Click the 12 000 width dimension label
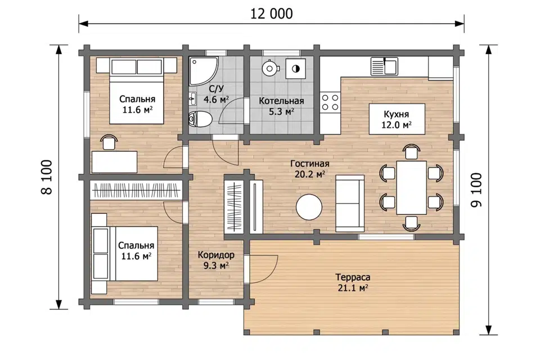[x=271, y=13]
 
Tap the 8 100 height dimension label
[x=47, y=177]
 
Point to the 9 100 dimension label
[x=476, y=190]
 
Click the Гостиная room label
[x=309, y=164]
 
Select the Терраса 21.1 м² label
[x=353, y=282]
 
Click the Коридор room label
[x=216, y=255]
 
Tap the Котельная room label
[x=281, y=101]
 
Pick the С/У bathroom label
[x=216, y=89]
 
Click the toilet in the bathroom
[x=200, y=119]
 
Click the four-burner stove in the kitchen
[x=330, y=102]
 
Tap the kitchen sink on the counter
[x=384, y=66]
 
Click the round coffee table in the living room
[x=309, y=207]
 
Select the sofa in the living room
[x=349, y=203]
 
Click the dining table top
[x=411, y=187]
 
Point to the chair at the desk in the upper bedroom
[x=109, y=142]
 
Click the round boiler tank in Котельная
[x=269, y=68]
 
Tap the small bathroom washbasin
[x=192, y=99]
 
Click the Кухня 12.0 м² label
[x=397, y=119]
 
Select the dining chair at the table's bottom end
[x=411, y=223]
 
